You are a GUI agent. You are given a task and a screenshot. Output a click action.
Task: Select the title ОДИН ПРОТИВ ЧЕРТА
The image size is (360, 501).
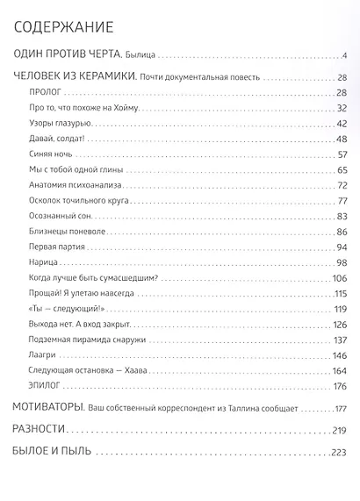click(x=81, y=58)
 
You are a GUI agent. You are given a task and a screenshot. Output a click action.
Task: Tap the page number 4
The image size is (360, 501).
click(x=345, y=59)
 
